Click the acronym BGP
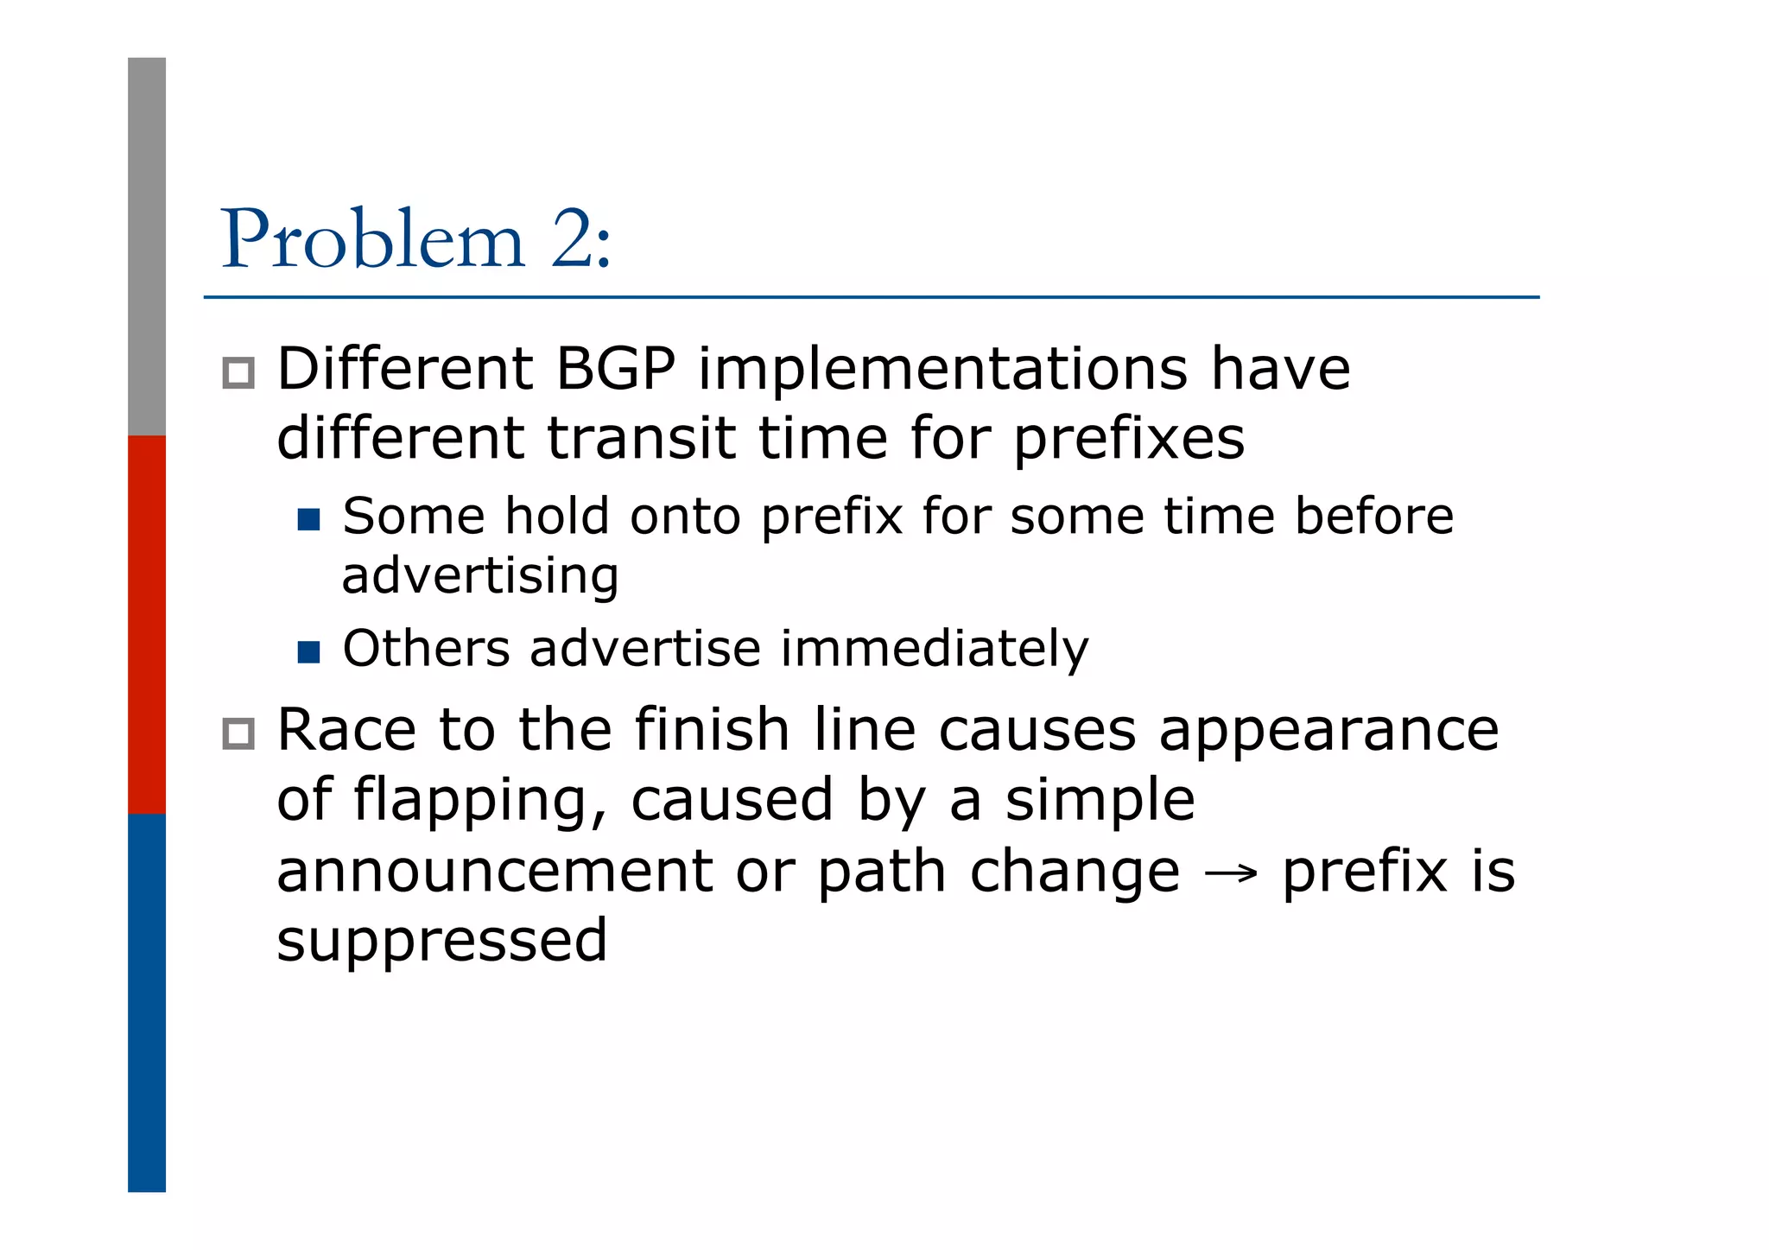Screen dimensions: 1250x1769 pos(614,369)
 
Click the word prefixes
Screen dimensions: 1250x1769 pos(1128,440)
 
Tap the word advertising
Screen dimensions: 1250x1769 pos(480,576)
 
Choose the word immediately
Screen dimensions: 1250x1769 pos(935,649)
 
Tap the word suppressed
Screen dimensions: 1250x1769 pos(441,942)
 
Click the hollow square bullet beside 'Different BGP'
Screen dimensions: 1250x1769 pos(238,373)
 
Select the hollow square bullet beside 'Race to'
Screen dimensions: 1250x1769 pos(238,733)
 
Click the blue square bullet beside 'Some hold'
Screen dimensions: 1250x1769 pos(308,519)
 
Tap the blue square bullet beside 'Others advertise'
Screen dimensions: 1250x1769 pos(308,651)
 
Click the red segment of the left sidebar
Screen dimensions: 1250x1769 pos(147,624)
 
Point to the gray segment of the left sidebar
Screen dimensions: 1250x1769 pos(147,246)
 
